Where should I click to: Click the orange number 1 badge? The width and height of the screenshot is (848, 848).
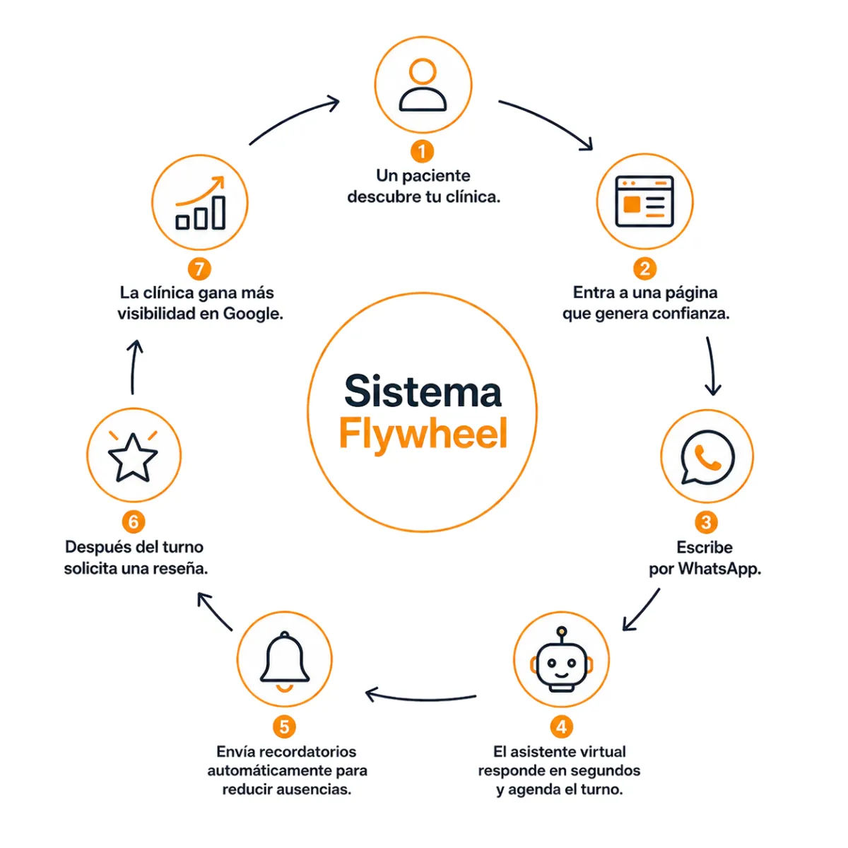point(422,151)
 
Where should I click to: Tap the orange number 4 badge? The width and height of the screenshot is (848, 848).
point(561,726)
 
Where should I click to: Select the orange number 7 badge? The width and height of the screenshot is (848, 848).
point(199,269)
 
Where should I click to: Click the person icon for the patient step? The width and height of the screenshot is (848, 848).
point(423,85)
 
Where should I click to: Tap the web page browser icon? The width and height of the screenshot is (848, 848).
point(644,201)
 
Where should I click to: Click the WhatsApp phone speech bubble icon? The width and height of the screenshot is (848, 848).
point(707,457)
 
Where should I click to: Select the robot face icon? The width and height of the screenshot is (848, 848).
point(561,659)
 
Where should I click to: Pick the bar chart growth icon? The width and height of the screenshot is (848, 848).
point(201,203)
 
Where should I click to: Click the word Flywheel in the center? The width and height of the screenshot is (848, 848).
point(423,433)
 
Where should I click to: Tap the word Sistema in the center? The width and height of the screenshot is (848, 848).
point(423,391)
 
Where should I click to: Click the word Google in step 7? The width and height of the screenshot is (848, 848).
point(253,314)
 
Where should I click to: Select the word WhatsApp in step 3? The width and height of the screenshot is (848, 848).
point(719,569)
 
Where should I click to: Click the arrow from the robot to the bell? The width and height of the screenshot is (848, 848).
point(420,699)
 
